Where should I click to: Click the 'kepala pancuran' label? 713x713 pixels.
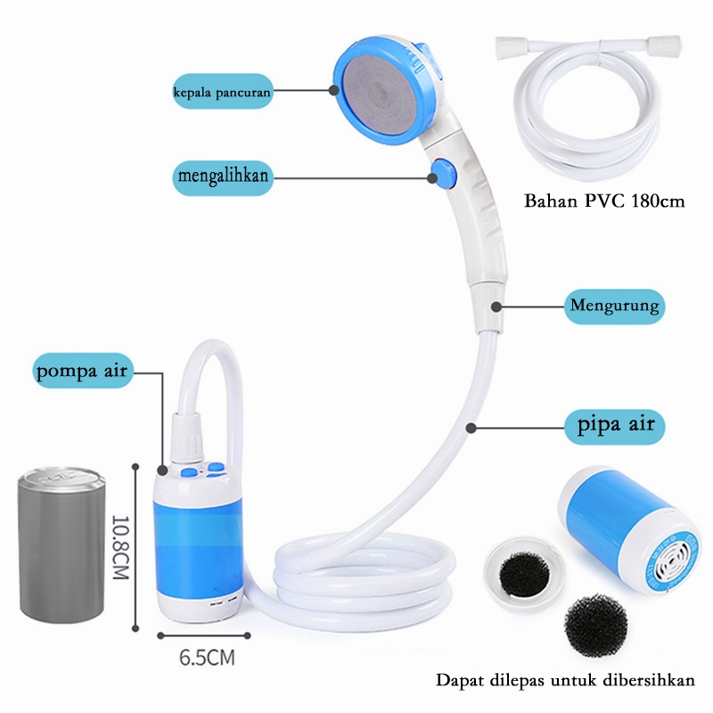click(x=222, y=91)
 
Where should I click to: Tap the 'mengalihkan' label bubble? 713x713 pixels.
click(x=222, y=176)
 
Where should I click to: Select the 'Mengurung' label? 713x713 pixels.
click(x=615, y=307)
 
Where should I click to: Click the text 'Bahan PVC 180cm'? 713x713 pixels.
click(x=604, y=201)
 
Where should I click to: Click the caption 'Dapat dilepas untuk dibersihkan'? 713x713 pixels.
click(x=565, y=681)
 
